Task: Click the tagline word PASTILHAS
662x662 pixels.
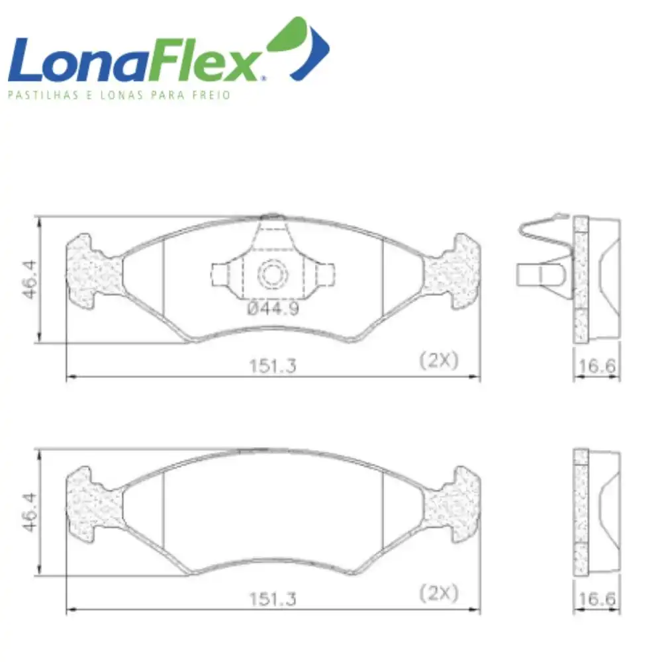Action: tap(43, 95)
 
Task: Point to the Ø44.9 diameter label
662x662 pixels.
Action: tap(273, 308)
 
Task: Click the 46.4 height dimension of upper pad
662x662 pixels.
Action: tap(30, 279)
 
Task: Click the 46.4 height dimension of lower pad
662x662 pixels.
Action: tap(30, 512)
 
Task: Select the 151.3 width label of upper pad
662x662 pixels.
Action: tap(273, 365)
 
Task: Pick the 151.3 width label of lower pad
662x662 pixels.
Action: tap(273, 598)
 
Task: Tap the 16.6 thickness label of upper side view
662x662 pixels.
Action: tap(597, 365)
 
